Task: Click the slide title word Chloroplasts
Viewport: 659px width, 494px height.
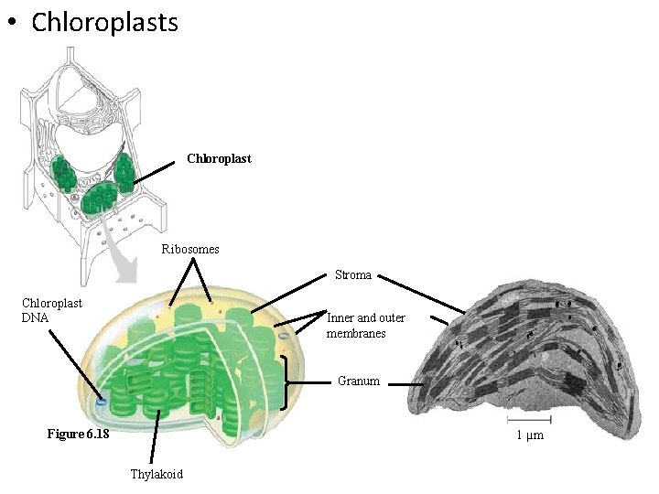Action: pyautogui.click(x=104, y=22)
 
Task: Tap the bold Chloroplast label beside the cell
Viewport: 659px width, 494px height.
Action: pyautogui.click(x=219, y=159)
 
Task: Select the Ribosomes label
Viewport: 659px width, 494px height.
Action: pyautogui.click(x=190, y=249)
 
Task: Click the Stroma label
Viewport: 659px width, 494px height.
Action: pyautogui.click(x=353, y=274)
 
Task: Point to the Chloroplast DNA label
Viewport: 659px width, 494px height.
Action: pyautogui.click(x=52, y=310)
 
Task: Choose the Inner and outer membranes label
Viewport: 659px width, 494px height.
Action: pyautogui.click(x=365, y=326)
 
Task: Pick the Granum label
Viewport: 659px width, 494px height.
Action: pyautogui.click(x=358, y=381)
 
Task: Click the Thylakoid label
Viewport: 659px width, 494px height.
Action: pyautogui.click(x=157, y=474)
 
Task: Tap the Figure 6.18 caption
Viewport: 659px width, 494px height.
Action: pyautogui.click(x=78, y=434)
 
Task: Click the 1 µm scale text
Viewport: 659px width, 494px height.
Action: pyautogui.click(x=529, y=435)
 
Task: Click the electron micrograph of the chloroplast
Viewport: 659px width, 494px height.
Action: pyautogui.click(x=513, y=366)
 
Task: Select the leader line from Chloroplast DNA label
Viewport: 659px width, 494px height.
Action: pyautogui.click(x=73, y=363)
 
